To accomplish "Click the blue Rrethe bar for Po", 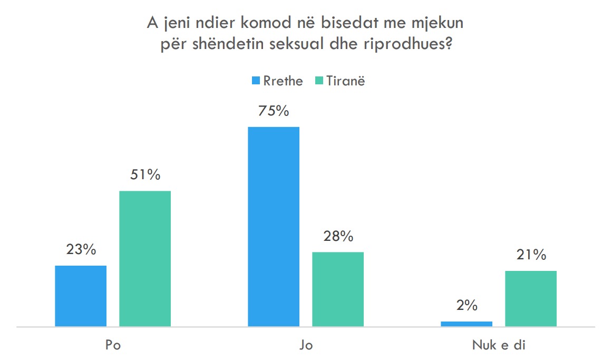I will tap(81, 296).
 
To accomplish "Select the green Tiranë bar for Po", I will tap(145, 259).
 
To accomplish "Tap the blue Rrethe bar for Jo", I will tap(274, 227).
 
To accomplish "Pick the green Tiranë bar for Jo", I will tap(338, 289).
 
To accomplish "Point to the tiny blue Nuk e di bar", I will tap(467, 324).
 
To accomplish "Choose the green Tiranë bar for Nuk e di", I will tap(531, 299).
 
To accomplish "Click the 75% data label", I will tap(274, 111).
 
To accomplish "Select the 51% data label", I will tap(145, 175).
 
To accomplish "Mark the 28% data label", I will tap(338, 237).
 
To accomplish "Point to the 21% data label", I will tap(531, 256).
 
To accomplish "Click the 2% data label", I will tap(467, 306).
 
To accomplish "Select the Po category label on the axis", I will tap(112, 346).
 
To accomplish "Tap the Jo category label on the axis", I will tap(306, 346).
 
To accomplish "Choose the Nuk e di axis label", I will tap(499, 346).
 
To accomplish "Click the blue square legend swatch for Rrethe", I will tap(256, 81).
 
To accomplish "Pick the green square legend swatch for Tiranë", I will tap(318, 81).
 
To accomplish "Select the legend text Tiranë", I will tap(345, 81).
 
